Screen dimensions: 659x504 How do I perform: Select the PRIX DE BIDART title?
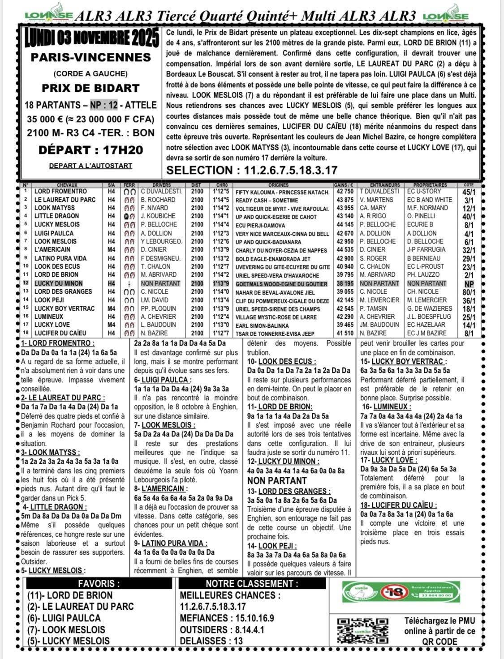click(90, 88)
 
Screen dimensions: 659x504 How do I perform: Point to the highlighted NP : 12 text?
click(103, 105)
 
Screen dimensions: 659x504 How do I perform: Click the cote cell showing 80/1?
click(469, 292)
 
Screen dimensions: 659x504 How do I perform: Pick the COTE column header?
click(469, 185)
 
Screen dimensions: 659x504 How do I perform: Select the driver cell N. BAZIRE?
click(155, 333)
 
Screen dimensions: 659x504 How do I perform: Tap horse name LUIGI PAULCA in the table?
click(54, 233)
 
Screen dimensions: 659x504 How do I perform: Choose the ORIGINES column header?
click(278, 185)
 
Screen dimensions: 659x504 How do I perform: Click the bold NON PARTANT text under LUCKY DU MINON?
click(277, 481)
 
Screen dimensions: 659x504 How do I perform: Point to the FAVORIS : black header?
click(99, 584)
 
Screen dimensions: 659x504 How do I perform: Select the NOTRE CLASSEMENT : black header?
click(252, 584)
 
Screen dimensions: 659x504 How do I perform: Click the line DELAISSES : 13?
click(211, 641)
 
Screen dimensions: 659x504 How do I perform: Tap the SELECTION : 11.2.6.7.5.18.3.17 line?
click(252, 171)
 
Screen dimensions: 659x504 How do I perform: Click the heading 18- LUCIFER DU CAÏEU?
click(398, 505)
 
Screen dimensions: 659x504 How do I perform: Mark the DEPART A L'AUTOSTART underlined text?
click(90, 166)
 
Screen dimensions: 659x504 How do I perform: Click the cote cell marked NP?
click(469, 284)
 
